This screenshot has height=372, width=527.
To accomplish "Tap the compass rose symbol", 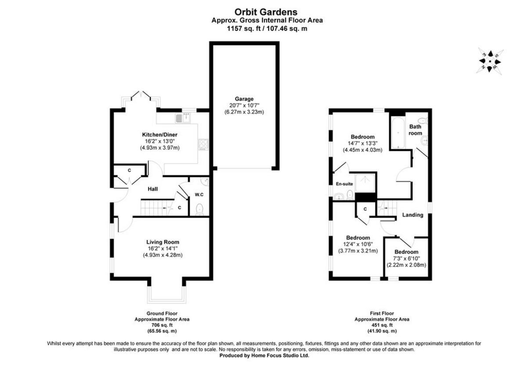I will (490, 61).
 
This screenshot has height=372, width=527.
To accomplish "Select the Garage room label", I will (244, 99).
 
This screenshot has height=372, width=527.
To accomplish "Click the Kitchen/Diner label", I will (159, 134).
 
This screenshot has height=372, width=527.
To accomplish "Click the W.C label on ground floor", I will (199, 194).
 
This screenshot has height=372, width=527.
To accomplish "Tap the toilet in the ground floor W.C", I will (199, 209).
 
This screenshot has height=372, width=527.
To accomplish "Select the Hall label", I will (152, 189).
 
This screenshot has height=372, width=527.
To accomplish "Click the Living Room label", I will (162, 242).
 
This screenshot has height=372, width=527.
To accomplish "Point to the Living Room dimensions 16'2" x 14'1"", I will (162, 248).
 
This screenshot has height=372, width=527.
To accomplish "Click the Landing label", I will (413, 215).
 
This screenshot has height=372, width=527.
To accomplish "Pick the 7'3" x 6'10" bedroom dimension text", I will (406, 259).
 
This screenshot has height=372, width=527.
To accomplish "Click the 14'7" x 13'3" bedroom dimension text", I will (362, 143).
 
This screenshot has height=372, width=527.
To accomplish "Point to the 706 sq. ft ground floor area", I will (162, 325).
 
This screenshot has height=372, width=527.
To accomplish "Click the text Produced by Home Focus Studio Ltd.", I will (264, 356).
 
